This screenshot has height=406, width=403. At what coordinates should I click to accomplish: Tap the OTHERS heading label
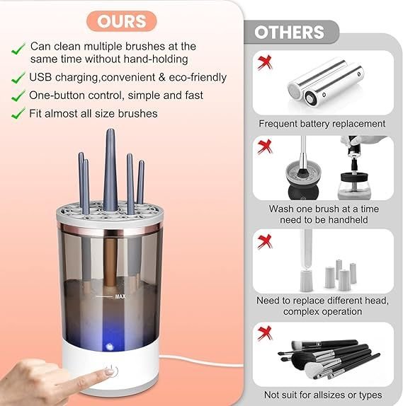click(x=289, y=33)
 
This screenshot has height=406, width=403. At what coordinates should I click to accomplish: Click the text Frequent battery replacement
click(x=322, y=124)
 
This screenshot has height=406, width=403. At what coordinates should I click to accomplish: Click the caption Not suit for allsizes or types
click(x=322, y=394)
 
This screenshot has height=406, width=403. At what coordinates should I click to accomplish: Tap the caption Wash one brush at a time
click(x=322, y=209)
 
